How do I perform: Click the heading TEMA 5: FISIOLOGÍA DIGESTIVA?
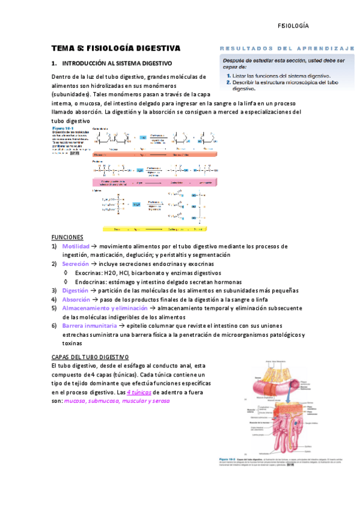coord(115,48)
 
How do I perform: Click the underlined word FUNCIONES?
coord(67,238)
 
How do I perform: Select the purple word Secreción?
coord(76,264)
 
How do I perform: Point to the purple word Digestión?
coord(75,290)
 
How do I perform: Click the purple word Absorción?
coord(76,300)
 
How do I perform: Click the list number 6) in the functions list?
coord(54,325)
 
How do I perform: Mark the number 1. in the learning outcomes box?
coord(229,76)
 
